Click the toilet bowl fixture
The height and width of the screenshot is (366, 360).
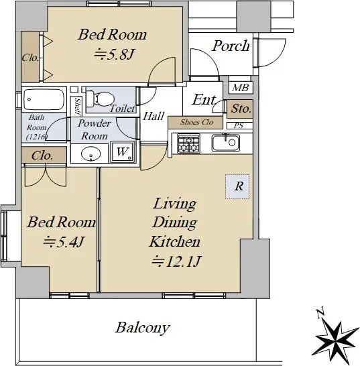click(99, 99)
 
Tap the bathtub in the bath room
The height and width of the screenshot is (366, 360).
click(44, 99)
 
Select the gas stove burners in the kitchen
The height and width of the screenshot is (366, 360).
click(188, 143)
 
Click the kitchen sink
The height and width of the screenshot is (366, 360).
click(225, 142)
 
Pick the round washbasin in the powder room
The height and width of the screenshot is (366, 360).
click(91, 154)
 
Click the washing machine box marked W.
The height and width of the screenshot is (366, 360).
click(123, 151)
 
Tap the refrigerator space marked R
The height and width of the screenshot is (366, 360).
click(238, 187)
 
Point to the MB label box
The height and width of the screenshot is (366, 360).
click(241, 88)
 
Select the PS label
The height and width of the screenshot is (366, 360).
click(239, 125)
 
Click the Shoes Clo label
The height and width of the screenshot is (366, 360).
click(197, 122)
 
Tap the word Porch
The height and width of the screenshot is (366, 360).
click(231, 46)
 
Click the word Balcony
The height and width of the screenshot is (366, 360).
click(143, 328)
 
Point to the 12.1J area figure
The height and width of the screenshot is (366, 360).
click(176, 261)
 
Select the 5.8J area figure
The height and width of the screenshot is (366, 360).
click(115, 54)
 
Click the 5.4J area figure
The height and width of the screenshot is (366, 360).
click(63, 241)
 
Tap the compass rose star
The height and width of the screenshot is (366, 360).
click(336, 341)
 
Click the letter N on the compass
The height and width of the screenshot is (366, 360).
click(320, 314)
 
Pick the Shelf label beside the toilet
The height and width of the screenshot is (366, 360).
click(78, 106)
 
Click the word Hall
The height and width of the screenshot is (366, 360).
click(154, 116)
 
